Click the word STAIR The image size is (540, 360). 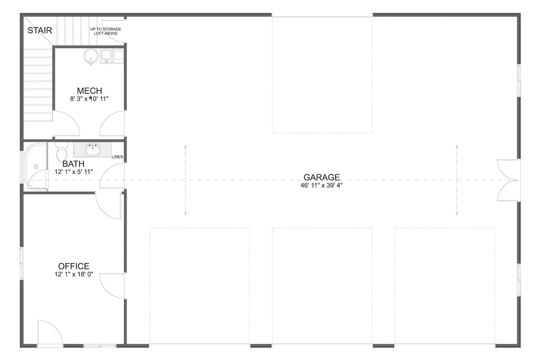[x=40, y=30]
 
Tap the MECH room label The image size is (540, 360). [x=89, y=91]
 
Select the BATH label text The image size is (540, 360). [x=73, y=164]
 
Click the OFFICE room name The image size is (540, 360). [x=74, y=266]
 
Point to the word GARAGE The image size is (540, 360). [x=322, y=177]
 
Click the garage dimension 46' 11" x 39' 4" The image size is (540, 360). [x=322, y=186]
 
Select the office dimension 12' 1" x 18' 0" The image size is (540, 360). [x=74, y=275]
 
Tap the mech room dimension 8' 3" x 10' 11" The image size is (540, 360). [x=89, y=99]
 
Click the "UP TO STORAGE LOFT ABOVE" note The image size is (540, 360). [x=105, y=30]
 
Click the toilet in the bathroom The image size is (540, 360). [x=61, y=152]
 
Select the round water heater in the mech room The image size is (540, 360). [x=91, y=56]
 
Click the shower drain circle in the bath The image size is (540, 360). [x=36, y=167]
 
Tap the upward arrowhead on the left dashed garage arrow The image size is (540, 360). [x=186, y=148]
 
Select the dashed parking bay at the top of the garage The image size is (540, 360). [x=322, y=74]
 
